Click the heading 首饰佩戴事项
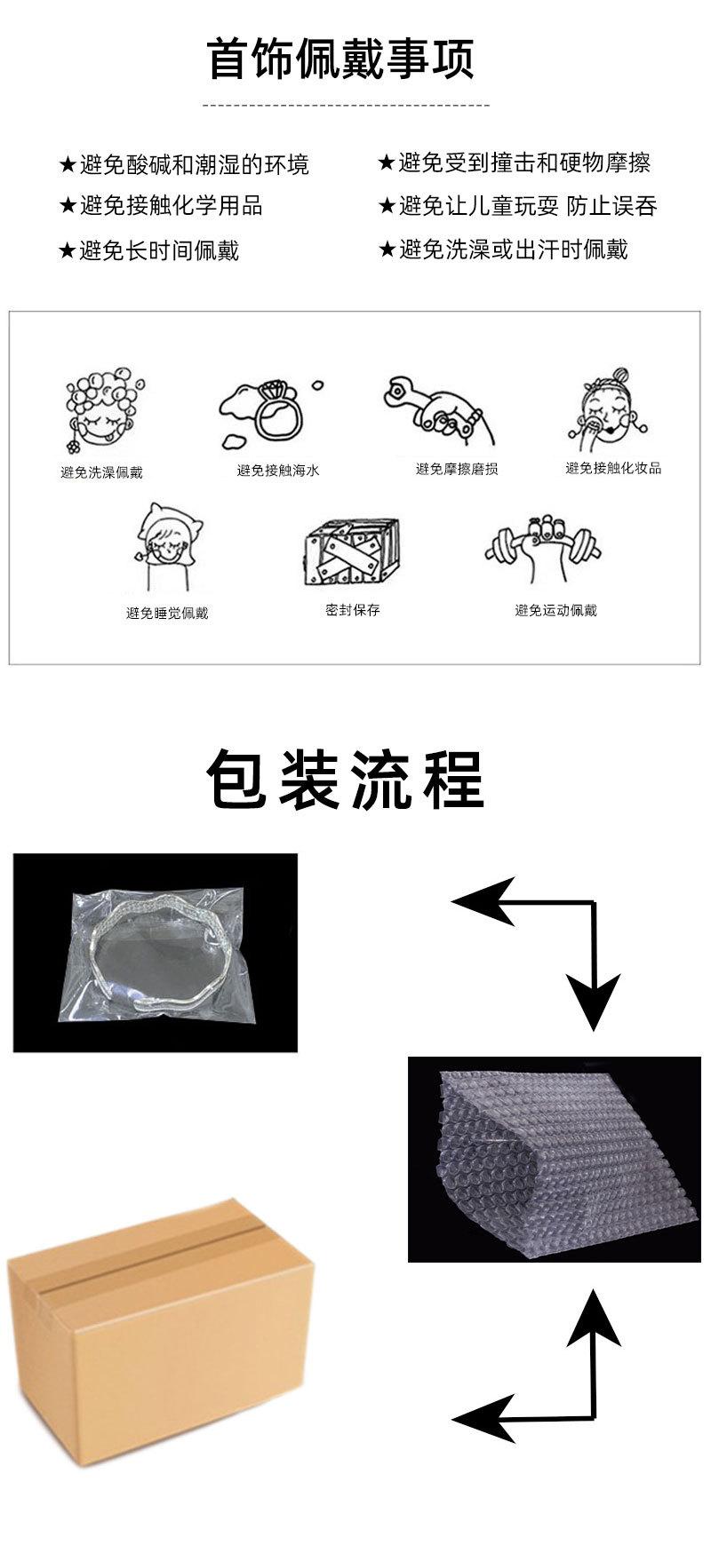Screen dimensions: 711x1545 pyautogui.click(x=341, y=59)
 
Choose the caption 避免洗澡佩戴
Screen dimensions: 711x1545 pyautogui.click(x=101, y=472)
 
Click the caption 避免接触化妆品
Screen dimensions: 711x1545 pyautogui.click(x=613, y=468)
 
